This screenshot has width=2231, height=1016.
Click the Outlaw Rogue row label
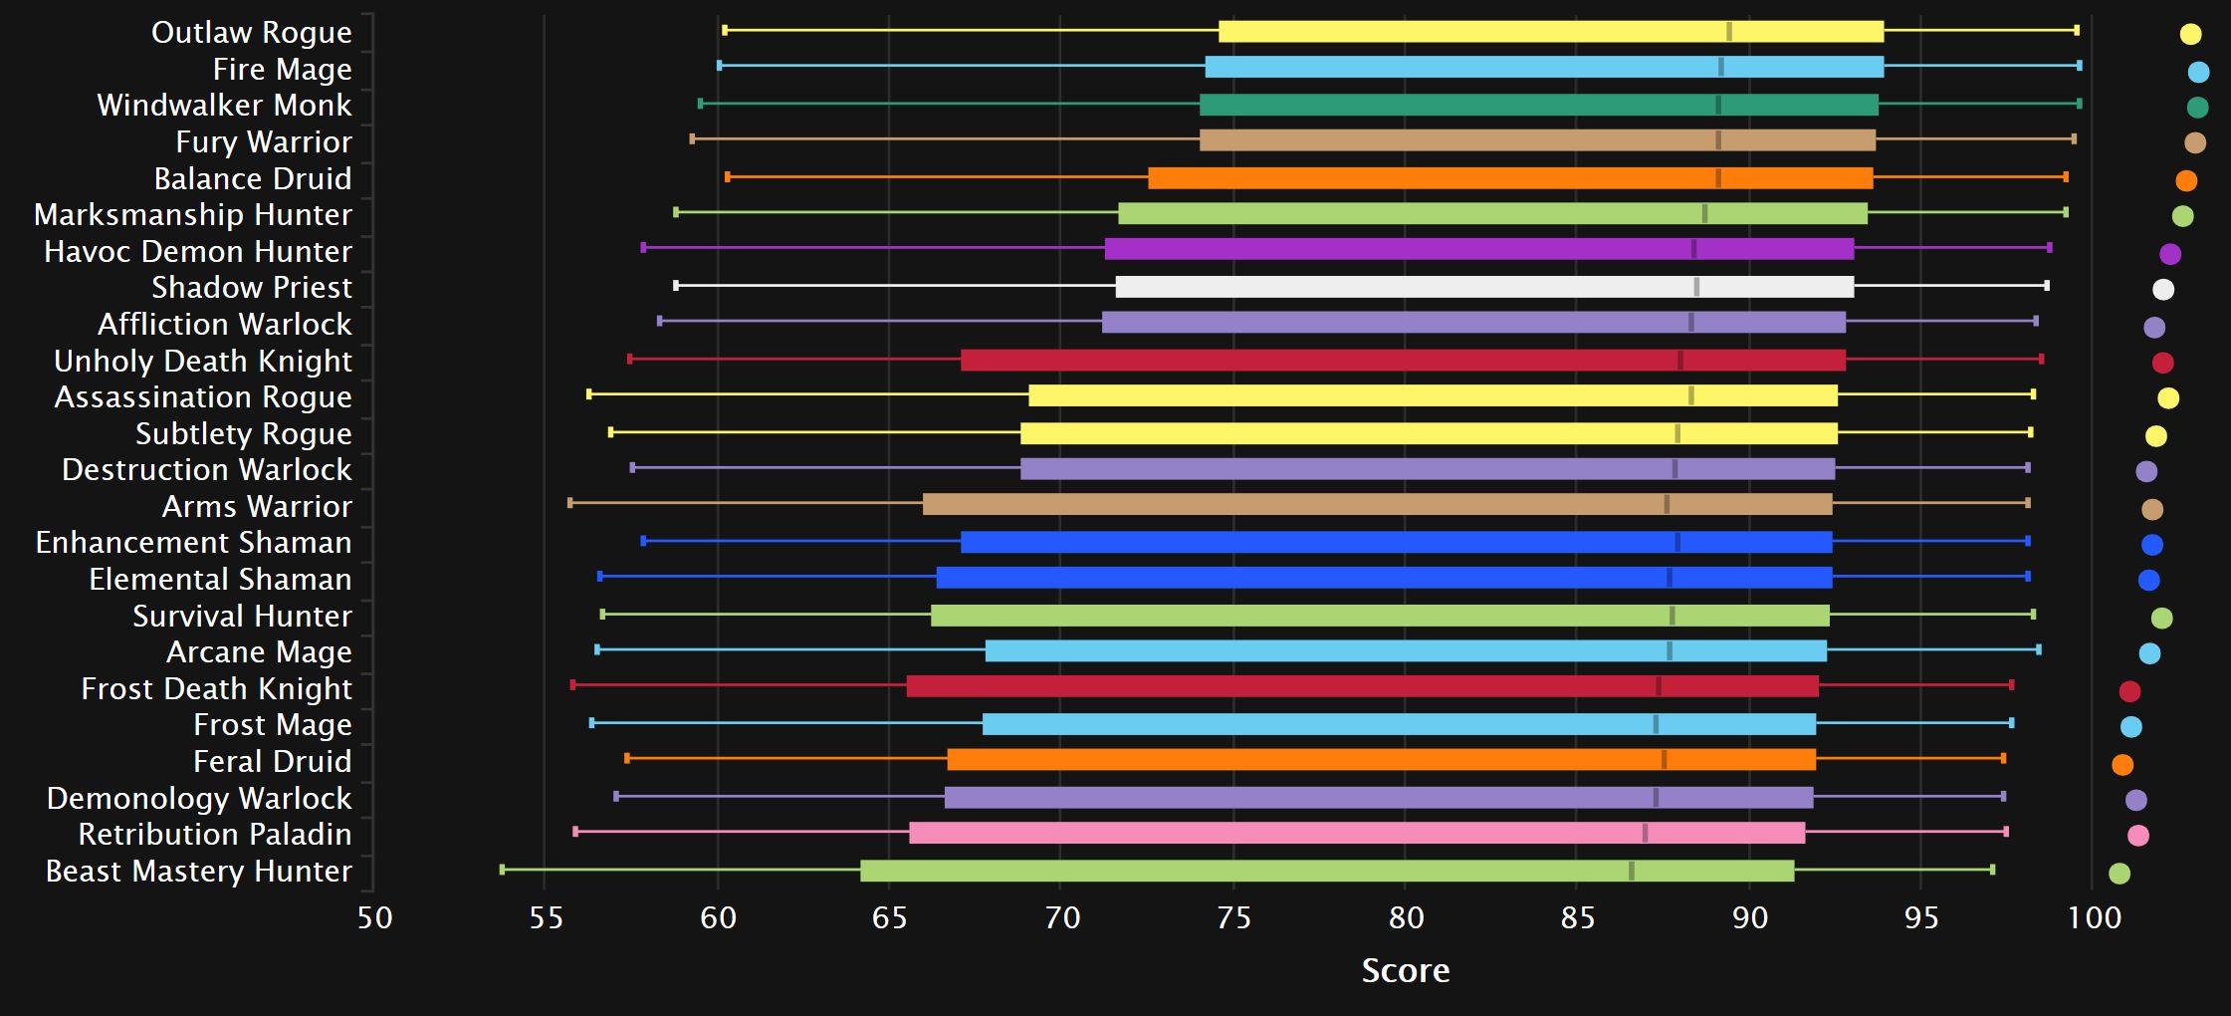click(x=251, y=33)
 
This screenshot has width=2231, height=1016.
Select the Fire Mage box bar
click(x=1543, y=68)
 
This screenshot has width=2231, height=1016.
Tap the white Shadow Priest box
click(x=1483, y=287)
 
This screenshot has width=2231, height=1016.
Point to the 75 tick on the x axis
click(x=1233, y=917)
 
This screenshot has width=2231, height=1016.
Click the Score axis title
click(x=1405, y=970)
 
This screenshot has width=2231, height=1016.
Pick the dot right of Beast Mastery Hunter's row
click(x=2119, y=874)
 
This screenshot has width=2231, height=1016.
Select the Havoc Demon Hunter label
click(x=197, y=251)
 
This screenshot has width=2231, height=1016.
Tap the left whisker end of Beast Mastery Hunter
click(x=502, y=870)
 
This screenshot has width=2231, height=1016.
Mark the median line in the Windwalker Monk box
click(x=1717, y=105)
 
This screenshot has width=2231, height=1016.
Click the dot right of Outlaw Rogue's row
click(x=2190, y=34)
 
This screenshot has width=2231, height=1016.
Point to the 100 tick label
click(x=2095, y=917)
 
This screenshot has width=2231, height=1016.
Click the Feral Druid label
click(x=272, y=761)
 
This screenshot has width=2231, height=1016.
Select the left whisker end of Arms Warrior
click(x=569, y=503)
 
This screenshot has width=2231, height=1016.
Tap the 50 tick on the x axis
click(x=374, y=917)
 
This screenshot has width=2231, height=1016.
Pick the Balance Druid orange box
click(x=1509, y=178)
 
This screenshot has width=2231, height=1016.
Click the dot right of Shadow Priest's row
click(x=2163, y=290)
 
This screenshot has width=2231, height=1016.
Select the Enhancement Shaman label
click(x=193, y=543)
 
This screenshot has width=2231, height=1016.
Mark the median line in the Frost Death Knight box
click(x=1658, y=686)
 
